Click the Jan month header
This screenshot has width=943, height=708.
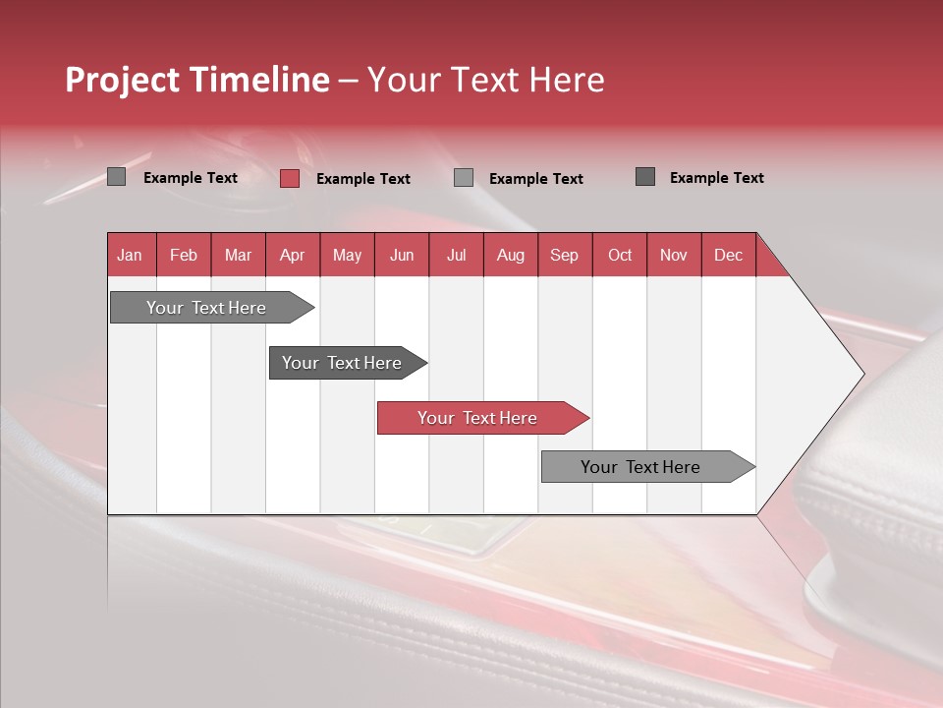[x=130, y=255]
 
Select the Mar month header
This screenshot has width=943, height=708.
[x=238, y=255]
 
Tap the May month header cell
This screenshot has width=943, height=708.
[x=347, y=255]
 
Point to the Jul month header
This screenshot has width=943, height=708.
[x=456, y=255]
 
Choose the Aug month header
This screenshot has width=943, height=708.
[x=510, y=255]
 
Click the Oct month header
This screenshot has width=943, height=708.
[x=620, y=255]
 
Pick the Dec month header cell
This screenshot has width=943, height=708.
[x=728, y=255]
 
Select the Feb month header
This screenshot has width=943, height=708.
[x=184, y=255]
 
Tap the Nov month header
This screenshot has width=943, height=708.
[x=673, y=255]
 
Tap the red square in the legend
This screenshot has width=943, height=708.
[x=289, y=178]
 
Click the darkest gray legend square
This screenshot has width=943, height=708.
[x=645, y=177]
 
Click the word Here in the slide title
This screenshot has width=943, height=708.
[x=567, y=80]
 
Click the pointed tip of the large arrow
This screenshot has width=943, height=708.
[x=860, y=374]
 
